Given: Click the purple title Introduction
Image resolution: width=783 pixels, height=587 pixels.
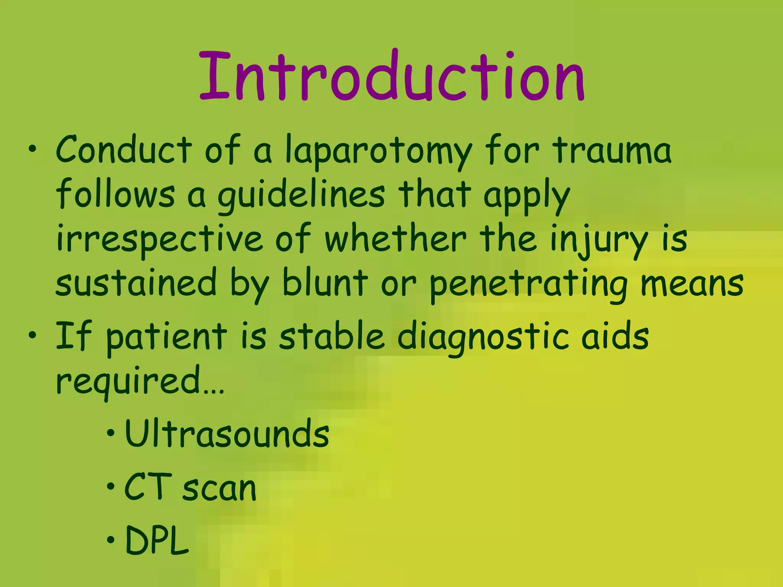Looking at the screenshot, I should (392, 76).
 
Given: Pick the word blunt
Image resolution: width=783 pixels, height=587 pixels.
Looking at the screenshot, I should (325, 283).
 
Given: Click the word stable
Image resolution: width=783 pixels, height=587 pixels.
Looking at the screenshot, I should (331, 336).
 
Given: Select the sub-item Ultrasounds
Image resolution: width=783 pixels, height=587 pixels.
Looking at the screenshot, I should (227, 434).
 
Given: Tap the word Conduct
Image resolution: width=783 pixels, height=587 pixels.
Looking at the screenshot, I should (124, 150).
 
